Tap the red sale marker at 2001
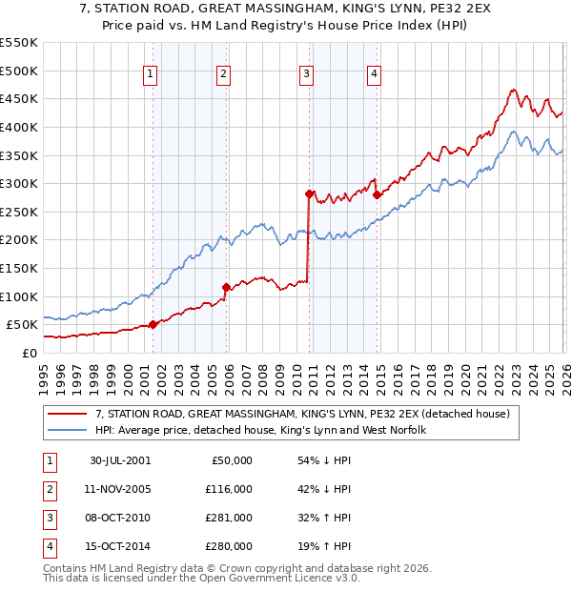tap(153, 324)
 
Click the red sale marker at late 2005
tap(226, 287)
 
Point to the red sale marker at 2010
tap(309, 194)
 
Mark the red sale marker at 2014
tap(377, 194)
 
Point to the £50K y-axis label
tap(22, 324)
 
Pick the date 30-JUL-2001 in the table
tap(120, 460)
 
